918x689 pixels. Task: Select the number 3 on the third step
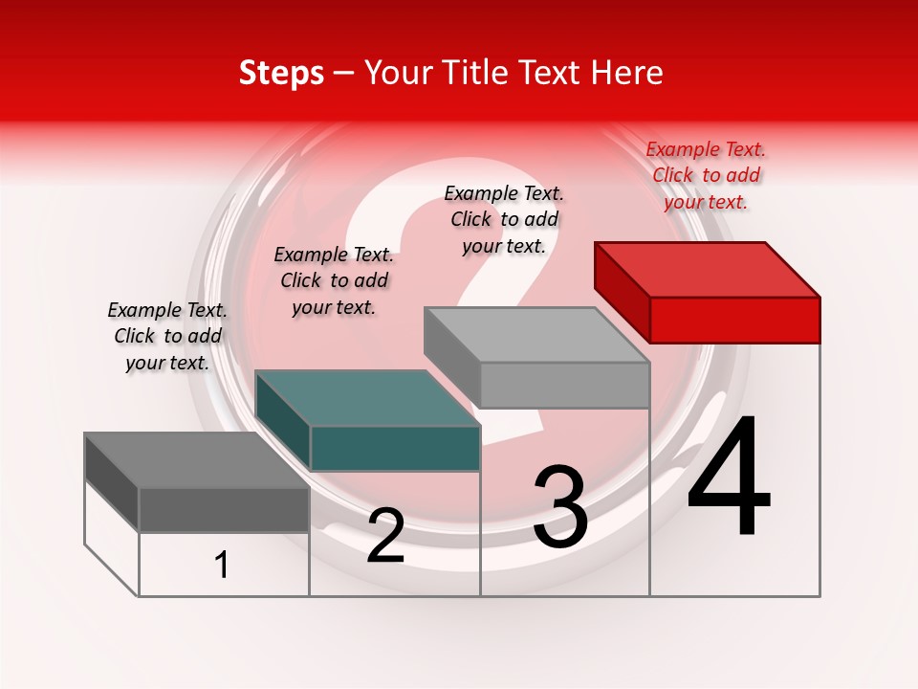click(x=560, y=507)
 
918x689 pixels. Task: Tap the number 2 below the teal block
click(x=385, y=536)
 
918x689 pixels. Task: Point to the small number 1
click(x=222, y=565)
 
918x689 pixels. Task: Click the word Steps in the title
click(x=281, y=73)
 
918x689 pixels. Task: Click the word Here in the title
click(x=627, y=73)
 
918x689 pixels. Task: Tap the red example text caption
click(x=706, y=175)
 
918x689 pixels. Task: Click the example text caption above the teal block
click(x=334, y=280)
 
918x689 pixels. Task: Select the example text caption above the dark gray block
click(x=167, y=336)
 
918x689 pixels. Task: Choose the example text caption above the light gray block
click(x=504, y=219)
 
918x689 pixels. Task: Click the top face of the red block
click(x=707, y=269)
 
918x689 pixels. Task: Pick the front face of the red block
click(x=734, y=320)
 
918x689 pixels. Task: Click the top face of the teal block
click(x=367, y=398)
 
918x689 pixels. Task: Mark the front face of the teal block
click(x=395, y=449)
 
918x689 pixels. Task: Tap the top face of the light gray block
click(x=536, y=335)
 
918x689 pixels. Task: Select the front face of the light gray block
click(x=564, y=385)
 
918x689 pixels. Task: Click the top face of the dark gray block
click(x=197, y=460)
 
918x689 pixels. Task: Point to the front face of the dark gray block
click(x=224, y=510)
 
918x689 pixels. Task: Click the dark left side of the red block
click(x=622, y=291)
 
